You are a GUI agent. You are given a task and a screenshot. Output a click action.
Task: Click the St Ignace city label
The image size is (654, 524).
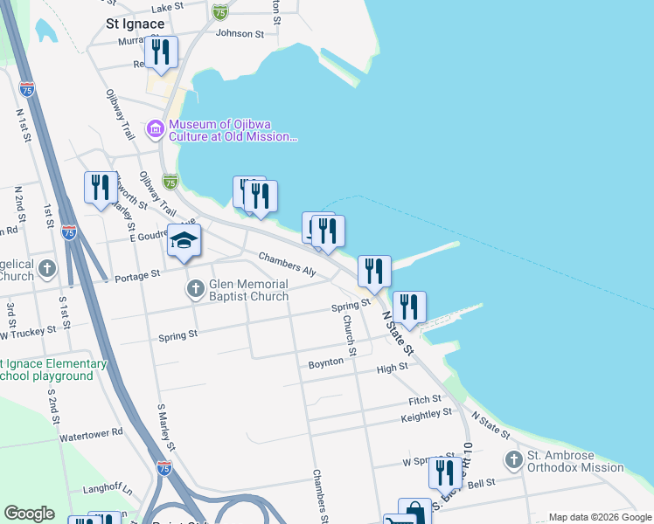click(x=135, y=23)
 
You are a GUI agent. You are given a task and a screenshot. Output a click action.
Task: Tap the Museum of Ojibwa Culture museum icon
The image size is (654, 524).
click(x=157, y=130)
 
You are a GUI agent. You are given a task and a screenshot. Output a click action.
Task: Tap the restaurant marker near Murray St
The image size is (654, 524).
click(x=161, y=52)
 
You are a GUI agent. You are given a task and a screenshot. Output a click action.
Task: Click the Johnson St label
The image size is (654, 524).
click(x=240, y=34)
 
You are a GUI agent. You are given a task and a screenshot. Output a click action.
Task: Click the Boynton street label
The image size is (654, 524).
click(x=326, y=362)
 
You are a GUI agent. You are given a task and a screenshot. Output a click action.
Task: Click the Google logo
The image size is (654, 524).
click(x=29, y=514)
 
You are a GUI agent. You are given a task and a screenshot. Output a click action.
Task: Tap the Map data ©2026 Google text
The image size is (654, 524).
click(x=599, y=517)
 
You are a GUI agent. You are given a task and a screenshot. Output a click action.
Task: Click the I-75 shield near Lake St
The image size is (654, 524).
click(x=220, y=11)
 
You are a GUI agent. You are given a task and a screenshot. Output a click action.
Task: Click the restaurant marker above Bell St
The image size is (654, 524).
click(x=445, y=472)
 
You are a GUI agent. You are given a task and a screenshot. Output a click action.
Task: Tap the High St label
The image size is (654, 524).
click(x=392, y=368)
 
